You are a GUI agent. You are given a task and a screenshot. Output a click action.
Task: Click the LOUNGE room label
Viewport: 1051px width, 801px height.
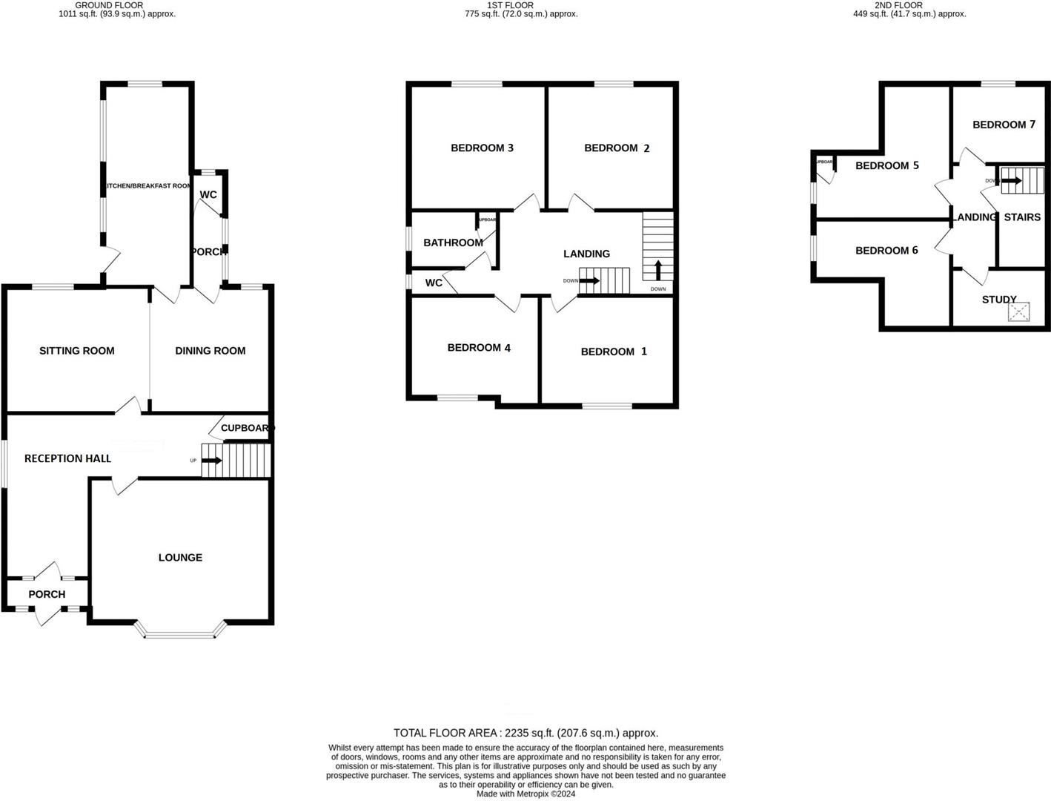click(x=180, y=558)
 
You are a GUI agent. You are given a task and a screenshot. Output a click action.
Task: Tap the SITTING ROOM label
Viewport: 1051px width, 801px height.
click(x=77, y=351)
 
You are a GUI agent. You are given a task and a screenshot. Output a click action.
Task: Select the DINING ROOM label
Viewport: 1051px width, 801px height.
click(x=210, y=351)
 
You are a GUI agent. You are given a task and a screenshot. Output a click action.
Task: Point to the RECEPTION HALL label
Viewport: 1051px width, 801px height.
click(x=67, y=458)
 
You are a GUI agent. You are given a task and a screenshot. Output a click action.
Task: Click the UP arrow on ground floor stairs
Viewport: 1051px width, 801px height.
click(x=211, y=461)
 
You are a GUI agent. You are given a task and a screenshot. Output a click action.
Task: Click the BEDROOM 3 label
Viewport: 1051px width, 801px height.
click(x=482, y=148)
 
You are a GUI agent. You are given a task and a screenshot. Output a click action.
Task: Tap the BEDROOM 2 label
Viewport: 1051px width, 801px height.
click(x=617, y=148)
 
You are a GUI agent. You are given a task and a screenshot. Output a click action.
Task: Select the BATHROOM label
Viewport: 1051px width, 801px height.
click(x=453, y=243)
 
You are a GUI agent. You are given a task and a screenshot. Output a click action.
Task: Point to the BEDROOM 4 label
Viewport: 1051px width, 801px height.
click(x=479, y=348)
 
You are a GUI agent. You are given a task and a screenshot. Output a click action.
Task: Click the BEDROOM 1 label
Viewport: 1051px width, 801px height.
click(x=614, y=352)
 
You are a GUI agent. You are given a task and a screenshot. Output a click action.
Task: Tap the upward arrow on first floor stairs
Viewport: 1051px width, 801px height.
click(x=658, y=269)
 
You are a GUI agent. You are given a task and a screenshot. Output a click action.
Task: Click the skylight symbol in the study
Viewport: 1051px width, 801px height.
click(x=1018, y=311)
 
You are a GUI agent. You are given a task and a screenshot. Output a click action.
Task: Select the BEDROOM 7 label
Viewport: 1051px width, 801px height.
click(x=1004, y=125)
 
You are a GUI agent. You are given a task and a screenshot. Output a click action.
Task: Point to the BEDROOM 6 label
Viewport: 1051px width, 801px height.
click(x=886, y=251)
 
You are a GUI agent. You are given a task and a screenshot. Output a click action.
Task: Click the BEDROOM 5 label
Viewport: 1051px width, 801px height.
click(x=886, y=165)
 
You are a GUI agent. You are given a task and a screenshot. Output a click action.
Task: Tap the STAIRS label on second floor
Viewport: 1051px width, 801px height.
click(x=1022, y=217)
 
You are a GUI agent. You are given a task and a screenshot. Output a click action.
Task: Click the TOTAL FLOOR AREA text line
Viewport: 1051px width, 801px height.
click(x=525, y=733)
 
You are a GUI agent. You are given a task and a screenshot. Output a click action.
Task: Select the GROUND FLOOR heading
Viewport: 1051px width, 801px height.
click(x=110, y=5)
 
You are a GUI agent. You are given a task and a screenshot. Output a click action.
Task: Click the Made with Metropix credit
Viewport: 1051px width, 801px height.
click(x=525, y=794)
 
